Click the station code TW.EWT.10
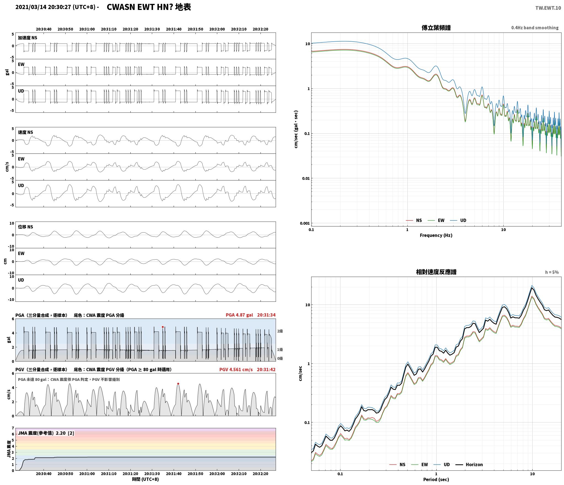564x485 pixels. click(548, 8)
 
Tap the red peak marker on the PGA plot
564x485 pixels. click(163, 327)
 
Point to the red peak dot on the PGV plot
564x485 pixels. click(178, 384)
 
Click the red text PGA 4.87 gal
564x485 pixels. click(239, 315)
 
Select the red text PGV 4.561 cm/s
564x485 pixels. click(236, 370)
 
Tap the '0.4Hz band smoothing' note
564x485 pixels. click(535, 28)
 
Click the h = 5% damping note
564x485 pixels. click(552, 272)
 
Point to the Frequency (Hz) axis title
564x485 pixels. click(436, 235)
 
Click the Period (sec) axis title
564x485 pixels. click(436, 479)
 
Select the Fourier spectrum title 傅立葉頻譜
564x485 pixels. click(436, 28)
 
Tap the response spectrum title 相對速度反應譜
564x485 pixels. click(436, 272)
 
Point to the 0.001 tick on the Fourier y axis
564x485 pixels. click(305, 223)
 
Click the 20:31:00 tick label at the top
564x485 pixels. click(87, 29)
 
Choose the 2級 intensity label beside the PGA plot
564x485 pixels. click(280, 331)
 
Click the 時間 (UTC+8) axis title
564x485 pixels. click(145, 479)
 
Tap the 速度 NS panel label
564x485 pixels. click(25, 132)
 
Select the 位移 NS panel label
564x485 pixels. click(25, 227)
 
